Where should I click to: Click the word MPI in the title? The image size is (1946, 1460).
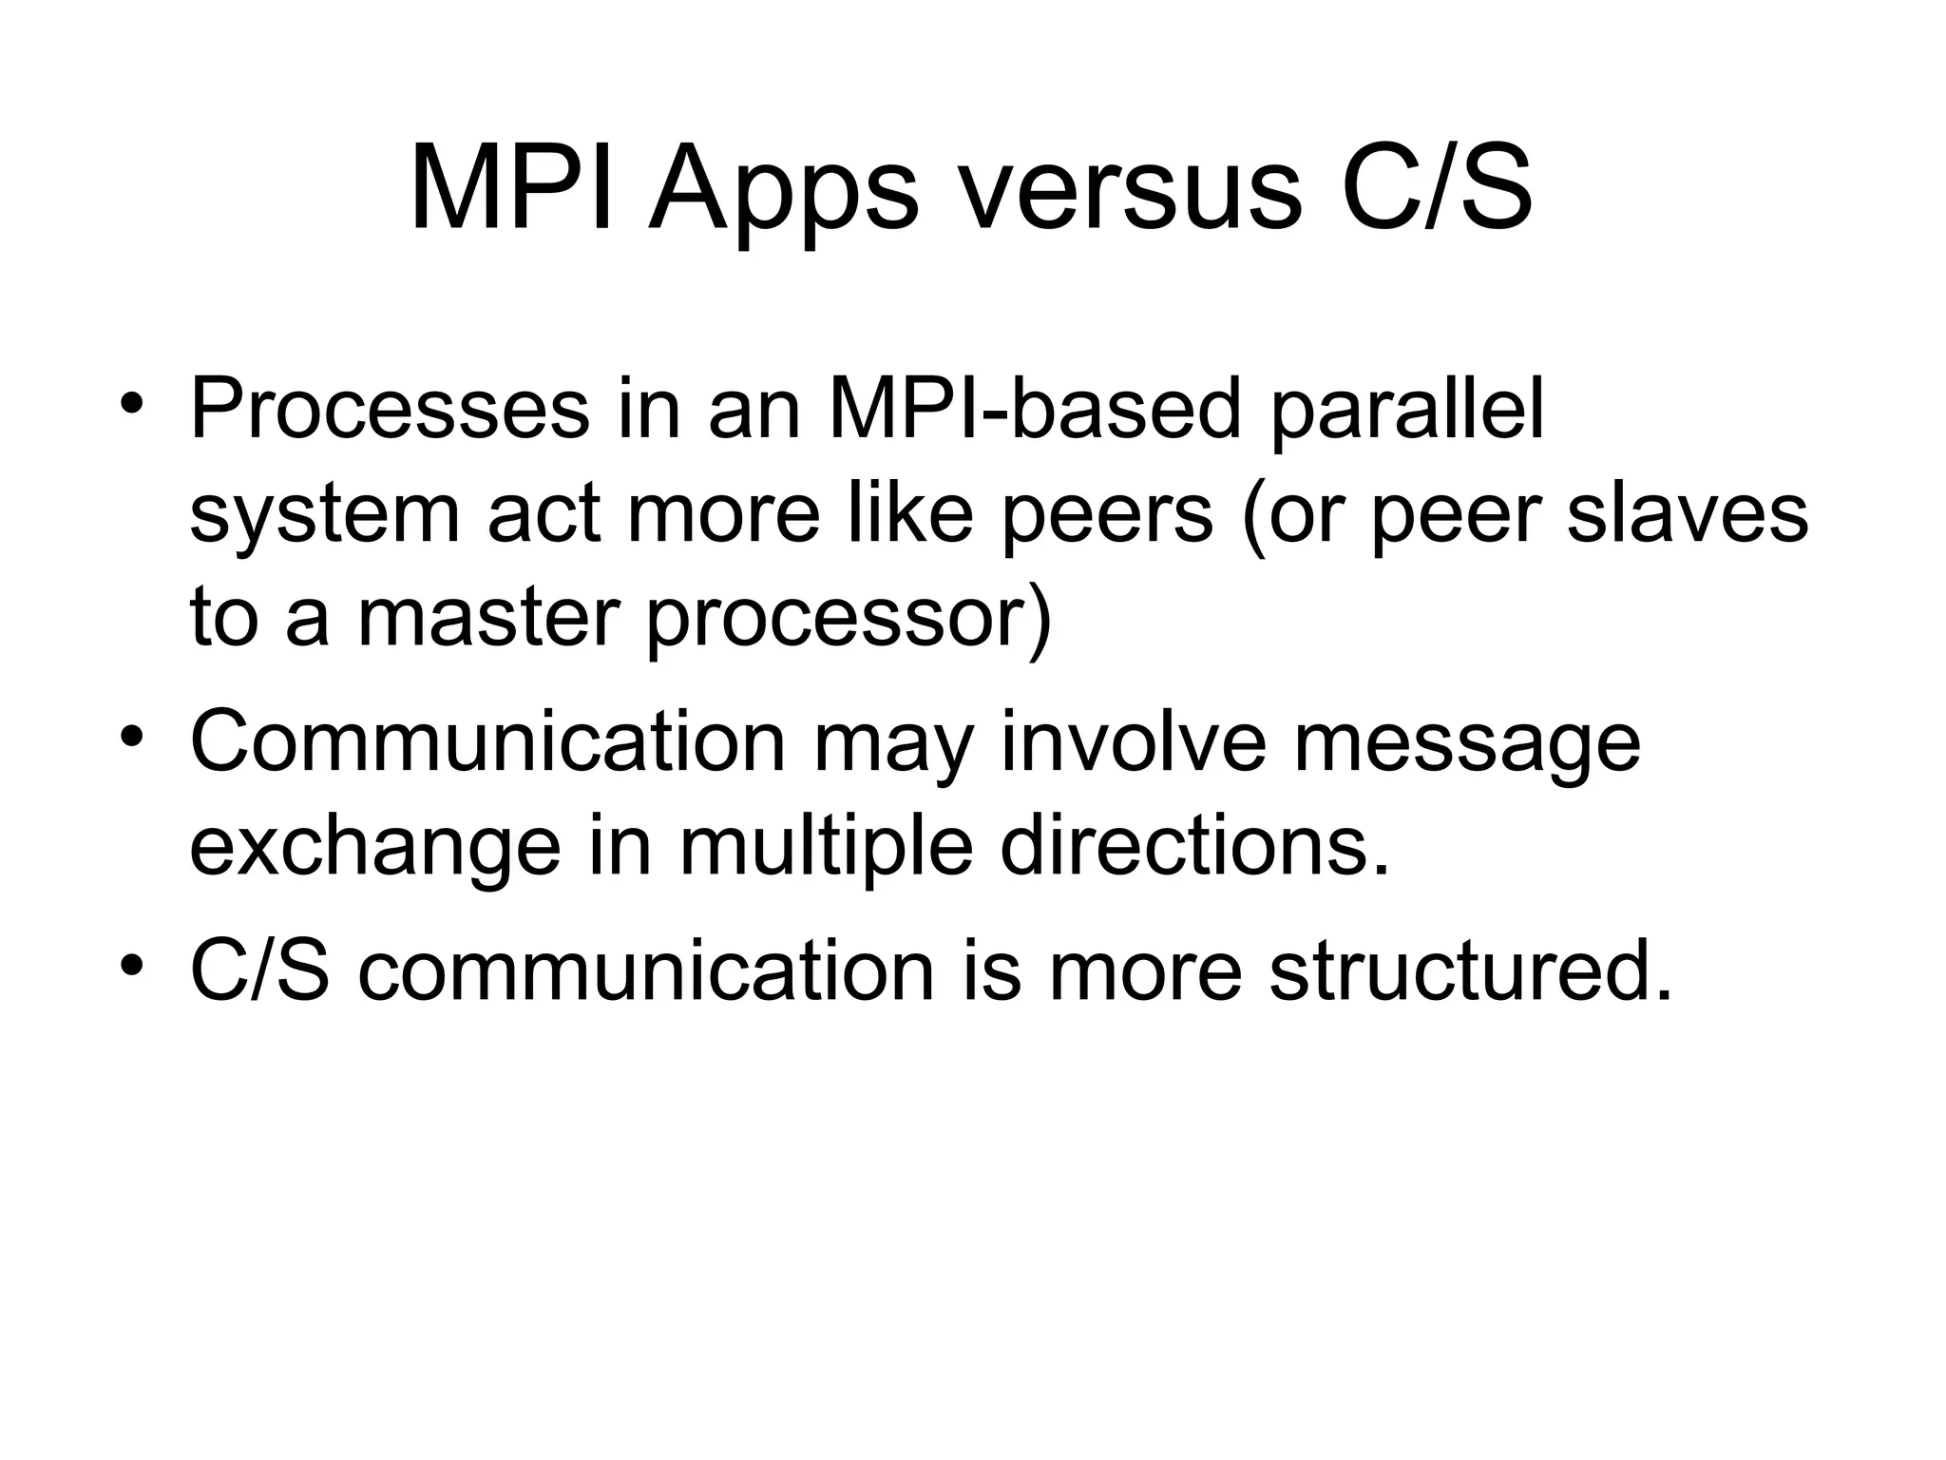point(512,188)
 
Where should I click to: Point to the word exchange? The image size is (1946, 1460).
point(375,848)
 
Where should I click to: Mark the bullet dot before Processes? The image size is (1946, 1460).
point(131,405)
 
